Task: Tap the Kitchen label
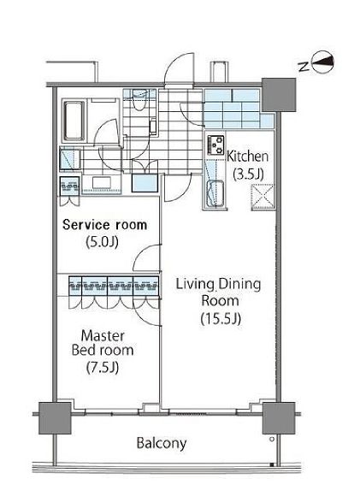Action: [248, 156]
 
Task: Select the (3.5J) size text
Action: [248, 174]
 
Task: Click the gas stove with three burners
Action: [215, 145]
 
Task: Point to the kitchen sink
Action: [215, 193]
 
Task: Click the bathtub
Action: [74, 121]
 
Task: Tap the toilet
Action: [139, 99]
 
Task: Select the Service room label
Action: [104, 225]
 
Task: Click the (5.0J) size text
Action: [102, 242]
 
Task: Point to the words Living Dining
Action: [218, 284]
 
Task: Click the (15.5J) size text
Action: [221, 318]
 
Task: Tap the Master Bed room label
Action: [103, 343]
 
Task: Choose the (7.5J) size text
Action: [103, 367]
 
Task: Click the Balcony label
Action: [162, 443]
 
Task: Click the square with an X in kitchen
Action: [263, 196]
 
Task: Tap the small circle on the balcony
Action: [272, 439]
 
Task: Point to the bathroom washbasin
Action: [102, 182]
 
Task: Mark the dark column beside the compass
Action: [279, 95]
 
